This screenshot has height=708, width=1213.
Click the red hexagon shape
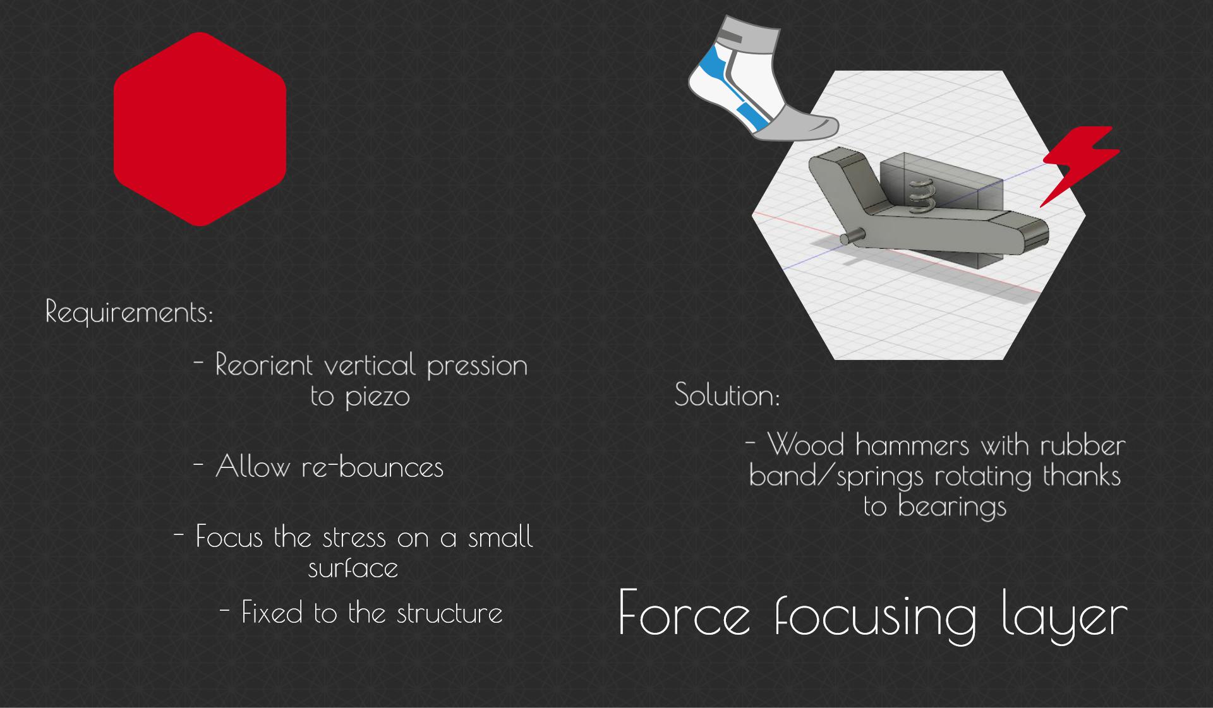[x=200, y=129]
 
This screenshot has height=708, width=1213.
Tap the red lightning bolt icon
[x=1079, y=165]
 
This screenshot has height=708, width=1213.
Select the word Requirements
[x=129, y=311]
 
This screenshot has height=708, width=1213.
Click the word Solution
[x=727, y=395]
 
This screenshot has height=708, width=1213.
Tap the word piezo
[x=377, y=397]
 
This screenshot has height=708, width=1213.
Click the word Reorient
[x=264, y=364]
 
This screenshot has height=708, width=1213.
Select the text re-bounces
[x=372, y=467]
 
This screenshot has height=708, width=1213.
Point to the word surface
[x=353, y=568]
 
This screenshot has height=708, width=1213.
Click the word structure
[x=449, y=613]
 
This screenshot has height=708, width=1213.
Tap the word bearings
[x=951, y=507]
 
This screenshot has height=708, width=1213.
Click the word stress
[x=354, y=537]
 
